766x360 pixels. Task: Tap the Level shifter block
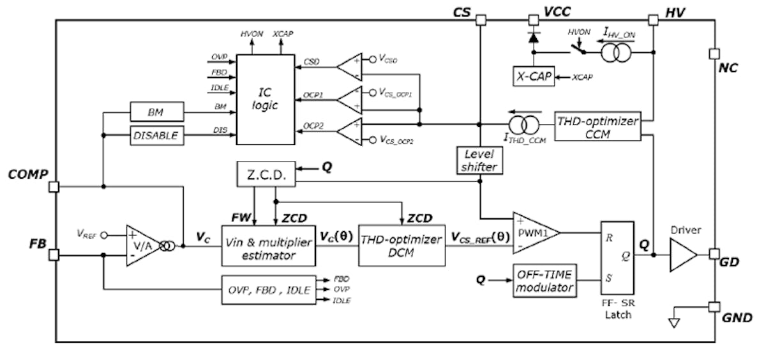pos(478,160)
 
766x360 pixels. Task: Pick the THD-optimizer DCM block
pos(400,246)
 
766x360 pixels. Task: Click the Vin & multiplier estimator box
pos(268,246)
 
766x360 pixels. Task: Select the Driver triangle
pos(682,255)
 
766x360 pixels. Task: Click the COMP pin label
pos(27,174)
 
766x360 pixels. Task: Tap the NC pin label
pos(728,68)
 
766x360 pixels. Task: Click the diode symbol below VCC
pos(532,38)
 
